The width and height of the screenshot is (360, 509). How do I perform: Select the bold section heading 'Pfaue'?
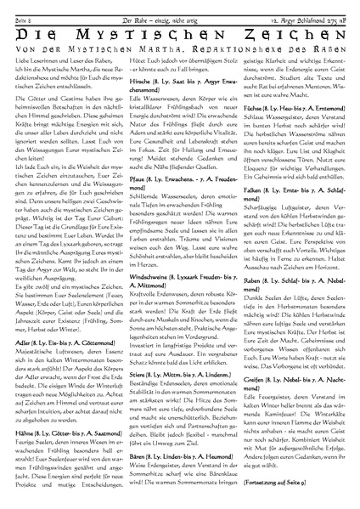coord(135,204)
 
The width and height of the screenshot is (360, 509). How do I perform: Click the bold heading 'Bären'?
coord(135,430)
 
